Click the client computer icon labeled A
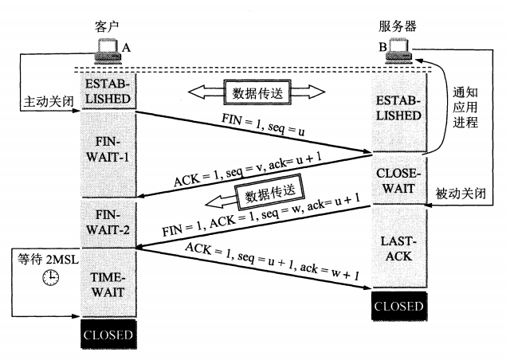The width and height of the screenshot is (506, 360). click(106, 53)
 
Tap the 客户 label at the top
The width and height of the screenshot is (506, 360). click(107, 29)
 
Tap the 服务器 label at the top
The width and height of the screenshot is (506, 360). click(401, 27)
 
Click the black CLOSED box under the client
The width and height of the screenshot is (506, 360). click(108, 335)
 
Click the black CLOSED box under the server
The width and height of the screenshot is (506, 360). click(399, 306)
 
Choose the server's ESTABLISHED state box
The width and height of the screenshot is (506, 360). click(399, 108)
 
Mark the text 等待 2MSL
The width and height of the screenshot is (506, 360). click(45, 258)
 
